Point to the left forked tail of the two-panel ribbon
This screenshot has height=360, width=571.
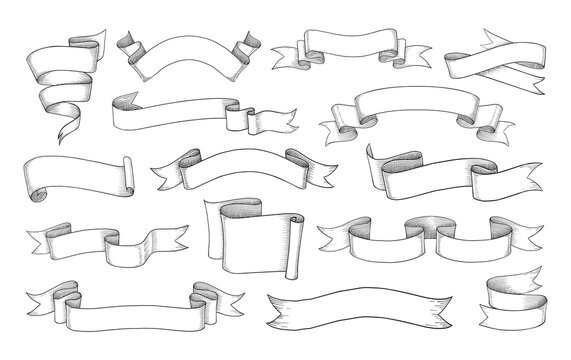click(330, 231)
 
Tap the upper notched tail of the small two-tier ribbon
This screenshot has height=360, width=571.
click(545, 281)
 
